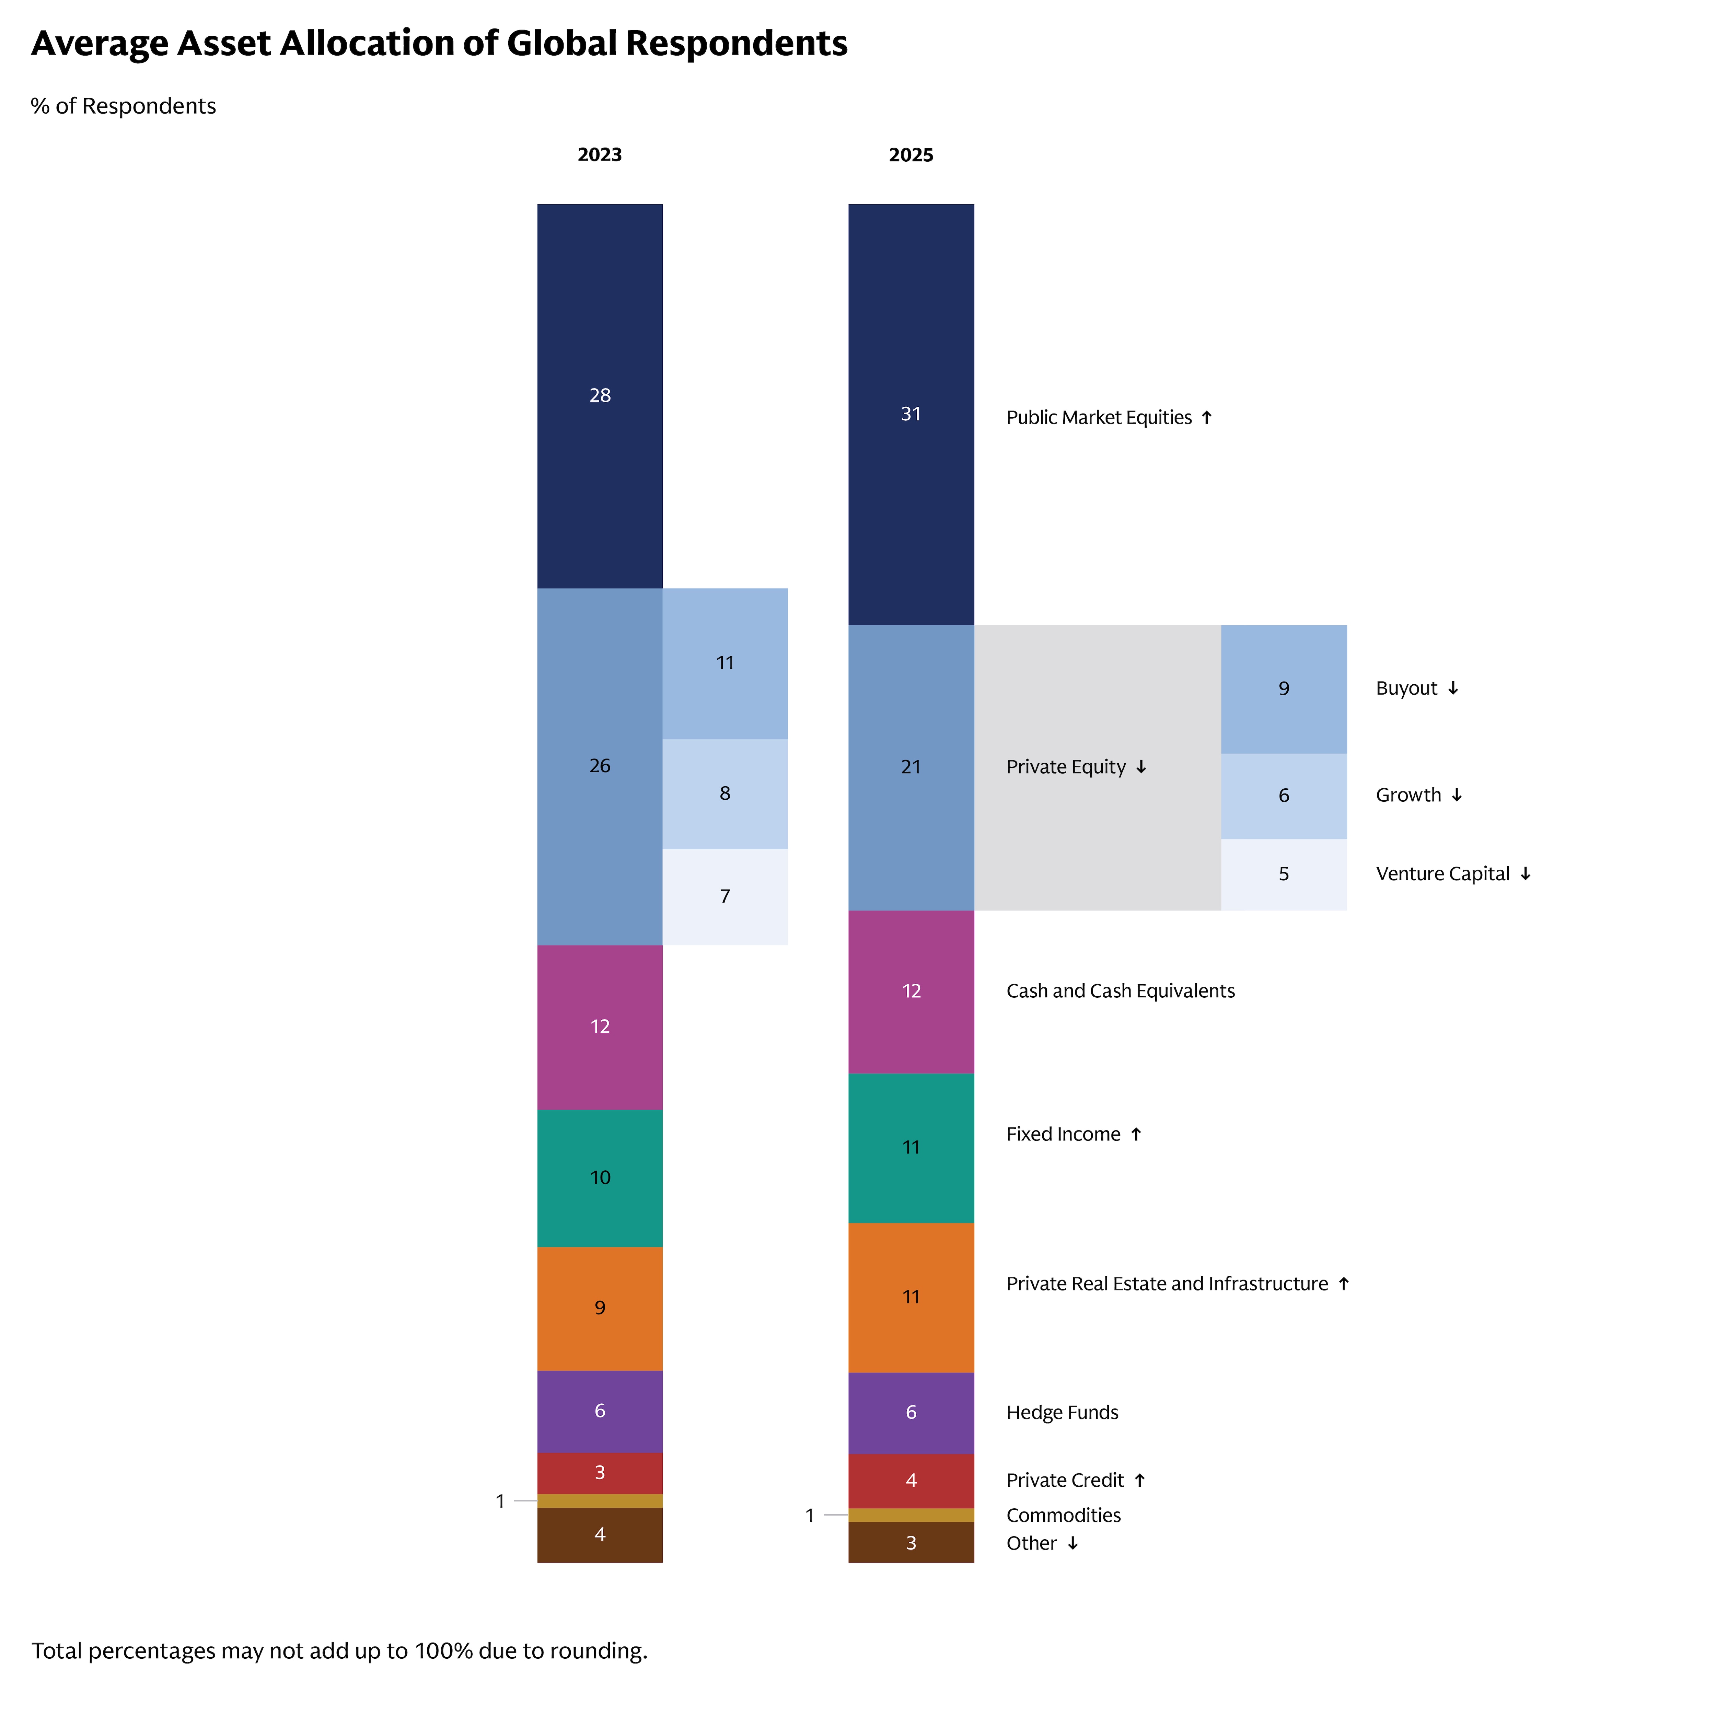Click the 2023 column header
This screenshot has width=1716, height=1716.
[600, 154]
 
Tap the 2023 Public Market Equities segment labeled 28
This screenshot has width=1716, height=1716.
[600, 395]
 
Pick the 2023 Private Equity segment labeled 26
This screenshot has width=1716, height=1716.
[600, 766]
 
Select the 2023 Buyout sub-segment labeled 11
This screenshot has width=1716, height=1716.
[725, 663]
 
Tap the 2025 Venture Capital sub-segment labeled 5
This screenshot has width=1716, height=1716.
[1284, 874]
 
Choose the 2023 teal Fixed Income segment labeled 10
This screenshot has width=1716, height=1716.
[600, 1178]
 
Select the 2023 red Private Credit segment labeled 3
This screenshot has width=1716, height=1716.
[600, 1473]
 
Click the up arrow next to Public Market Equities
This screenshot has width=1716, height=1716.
[1206, 417]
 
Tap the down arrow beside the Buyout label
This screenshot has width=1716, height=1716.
[1453, 688]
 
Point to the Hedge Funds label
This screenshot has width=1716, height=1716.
[1062, 1412]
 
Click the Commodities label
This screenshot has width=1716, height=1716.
[1063, 1515]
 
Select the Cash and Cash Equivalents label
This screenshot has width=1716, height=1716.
[1120, 991]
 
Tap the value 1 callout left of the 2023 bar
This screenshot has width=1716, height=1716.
[500, 1501]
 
